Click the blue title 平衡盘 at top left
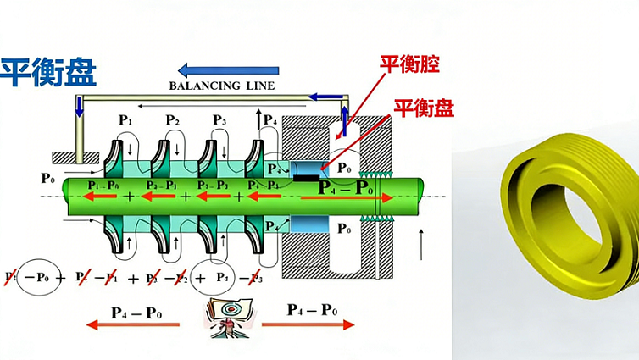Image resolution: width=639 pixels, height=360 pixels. tap(48, 71)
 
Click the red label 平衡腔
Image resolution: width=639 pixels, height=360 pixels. tap(414, 64)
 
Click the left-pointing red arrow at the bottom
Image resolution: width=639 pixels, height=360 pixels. tap(136, 326)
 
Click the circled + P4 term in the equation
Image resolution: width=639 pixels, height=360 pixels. tap(212, 277)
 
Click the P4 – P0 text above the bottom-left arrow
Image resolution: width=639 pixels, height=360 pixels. tap(136, 310)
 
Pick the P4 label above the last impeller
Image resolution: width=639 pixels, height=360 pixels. tap(269, 120)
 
